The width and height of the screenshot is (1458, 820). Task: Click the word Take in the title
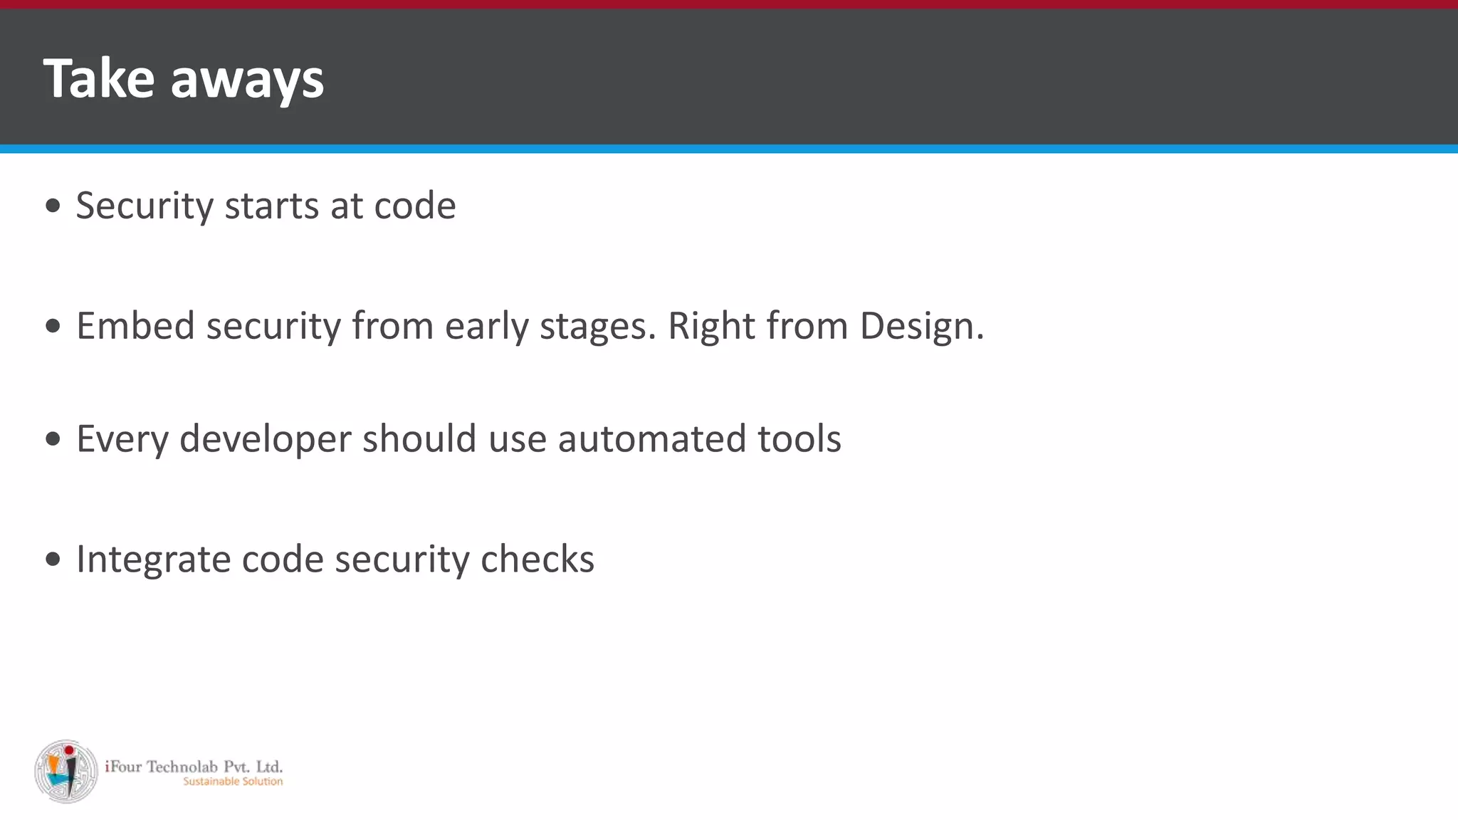(98, 78)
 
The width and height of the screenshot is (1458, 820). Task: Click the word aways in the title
(247, 80)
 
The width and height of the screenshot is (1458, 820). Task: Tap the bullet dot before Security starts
(53, 206)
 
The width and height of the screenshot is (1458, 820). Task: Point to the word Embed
(135, 326)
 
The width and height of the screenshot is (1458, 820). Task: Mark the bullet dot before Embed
(53, 326)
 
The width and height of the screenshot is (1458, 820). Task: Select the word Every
(122, 440)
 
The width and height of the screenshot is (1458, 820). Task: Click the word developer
(265, 440)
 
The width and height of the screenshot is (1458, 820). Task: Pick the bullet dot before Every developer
(53, 438)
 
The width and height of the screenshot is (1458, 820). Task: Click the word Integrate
(153, 560)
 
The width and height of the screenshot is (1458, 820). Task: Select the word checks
(537, 559)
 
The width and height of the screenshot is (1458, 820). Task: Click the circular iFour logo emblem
(66, 772)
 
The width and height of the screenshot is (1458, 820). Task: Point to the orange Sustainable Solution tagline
(233, 782)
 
